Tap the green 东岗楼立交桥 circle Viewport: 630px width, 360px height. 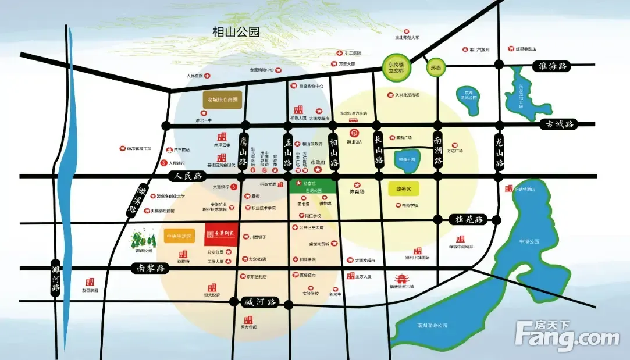click(396, 67)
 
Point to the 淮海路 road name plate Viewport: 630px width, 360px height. click(553, 66)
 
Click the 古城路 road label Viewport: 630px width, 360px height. click(556, 124)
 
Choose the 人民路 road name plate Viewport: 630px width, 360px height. click(184, 176)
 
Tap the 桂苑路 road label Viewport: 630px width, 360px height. click(467, 219)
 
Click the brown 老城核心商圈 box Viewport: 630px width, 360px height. click(224, 99)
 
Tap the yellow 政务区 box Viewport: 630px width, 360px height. click(403, 188)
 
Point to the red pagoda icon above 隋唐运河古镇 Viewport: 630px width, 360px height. click(402, 279)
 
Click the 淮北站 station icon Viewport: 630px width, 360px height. click(361, 133)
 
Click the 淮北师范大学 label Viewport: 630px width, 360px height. click(407, 37)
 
